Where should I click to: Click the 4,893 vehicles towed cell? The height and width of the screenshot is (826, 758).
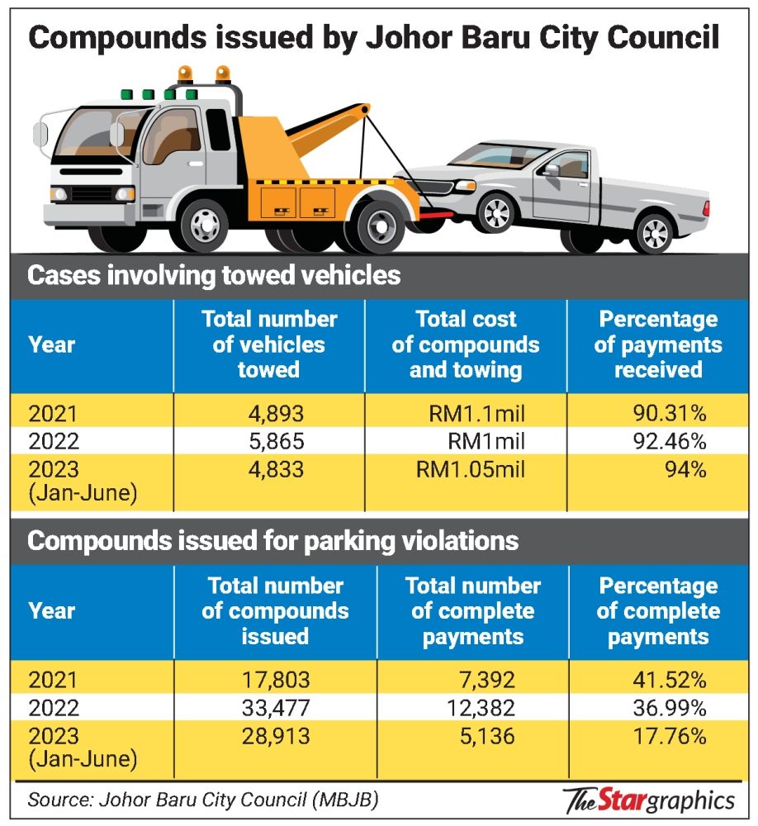click(268, 412)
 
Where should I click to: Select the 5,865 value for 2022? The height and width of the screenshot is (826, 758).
click(268, 441)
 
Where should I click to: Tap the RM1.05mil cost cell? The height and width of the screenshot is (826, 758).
click(471, 469)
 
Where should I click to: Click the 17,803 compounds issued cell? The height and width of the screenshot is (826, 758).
click(275, 680)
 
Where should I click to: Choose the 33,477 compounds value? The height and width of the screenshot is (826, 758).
click(275, 708)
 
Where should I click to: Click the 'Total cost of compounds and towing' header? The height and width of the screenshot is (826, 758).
click(466, 344)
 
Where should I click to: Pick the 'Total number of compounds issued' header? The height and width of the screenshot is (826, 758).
click(275, 611)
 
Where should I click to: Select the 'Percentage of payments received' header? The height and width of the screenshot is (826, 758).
click(658, 344)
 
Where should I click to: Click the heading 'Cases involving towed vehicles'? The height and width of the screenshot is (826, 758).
click(214, 275)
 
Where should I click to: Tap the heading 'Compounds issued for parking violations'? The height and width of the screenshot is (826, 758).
click(272, 541)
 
